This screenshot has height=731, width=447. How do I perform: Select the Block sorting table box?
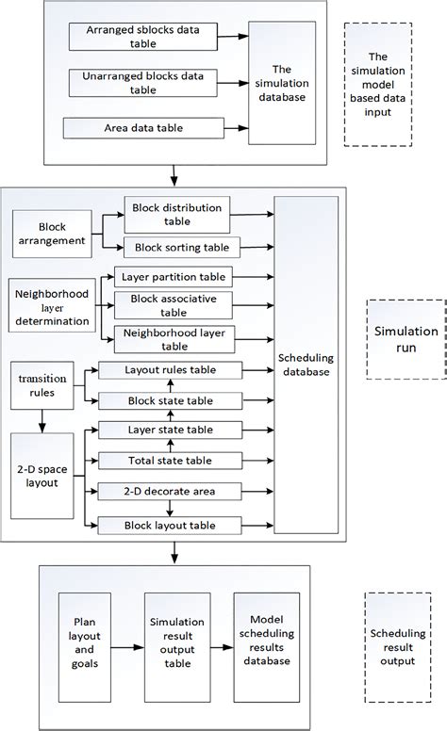(x=175, y=248)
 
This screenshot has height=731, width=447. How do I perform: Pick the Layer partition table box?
(x=175, y=279)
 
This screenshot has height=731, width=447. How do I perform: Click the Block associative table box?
(x=175, y=304)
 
